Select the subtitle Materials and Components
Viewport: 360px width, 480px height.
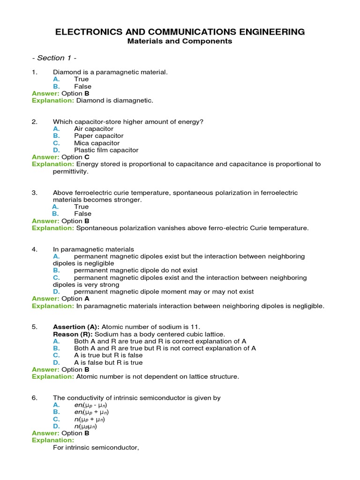(x=180, y=41)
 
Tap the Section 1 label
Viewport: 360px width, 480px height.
(x=54, y=58)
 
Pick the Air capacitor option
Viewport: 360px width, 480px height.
(x=94, y=129)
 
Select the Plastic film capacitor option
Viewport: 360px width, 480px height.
(x=106, y=150)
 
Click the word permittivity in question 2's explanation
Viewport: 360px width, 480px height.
(x=70, y=172)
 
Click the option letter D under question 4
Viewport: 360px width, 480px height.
(x=56, y=292)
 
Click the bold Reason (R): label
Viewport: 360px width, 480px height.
(x=73, y=334)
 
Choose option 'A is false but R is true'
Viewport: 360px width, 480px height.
(x=108, y=362)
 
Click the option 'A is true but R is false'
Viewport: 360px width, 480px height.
(x=108, y=355)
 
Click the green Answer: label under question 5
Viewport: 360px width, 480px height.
(x=45, y=369)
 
